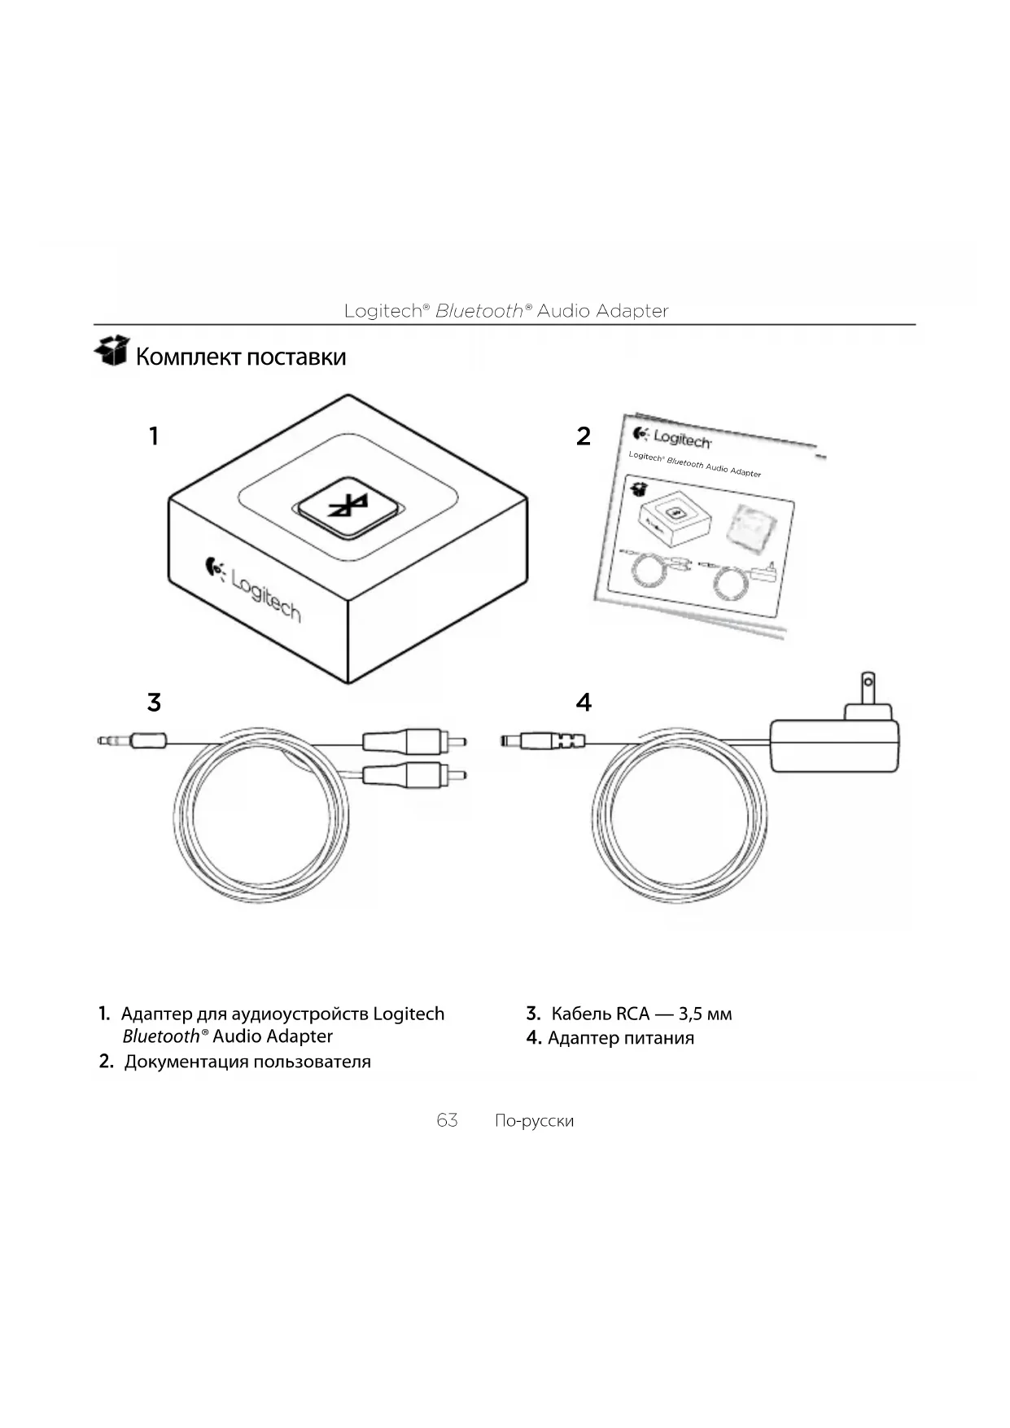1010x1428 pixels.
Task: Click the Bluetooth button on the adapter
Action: point(349,507)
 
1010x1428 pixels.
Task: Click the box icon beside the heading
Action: point(111,351)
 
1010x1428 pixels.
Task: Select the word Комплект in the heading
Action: point(188,357)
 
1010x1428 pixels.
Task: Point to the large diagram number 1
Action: point(153,436)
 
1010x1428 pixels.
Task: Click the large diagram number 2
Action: point(583,436)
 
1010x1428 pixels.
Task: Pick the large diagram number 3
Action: point(154,702)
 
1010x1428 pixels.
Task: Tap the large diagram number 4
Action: point(583,702)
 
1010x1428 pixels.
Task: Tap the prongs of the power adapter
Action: point(868,689)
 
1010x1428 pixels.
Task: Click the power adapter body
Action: point(834,744)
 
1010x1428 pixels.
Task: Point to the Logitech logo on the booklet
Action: point(673,439)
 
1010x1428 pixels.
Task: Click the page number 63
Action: point(447,1120)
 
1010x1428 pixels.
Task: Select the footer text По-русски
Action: point(534,1121)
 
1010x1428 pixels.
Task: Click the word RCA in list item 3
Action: point(632,1014)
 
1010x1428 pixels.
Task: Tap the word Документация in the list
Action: point(186,1062)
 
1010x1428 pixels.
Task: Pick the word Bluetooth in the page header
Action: point(479,311)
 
